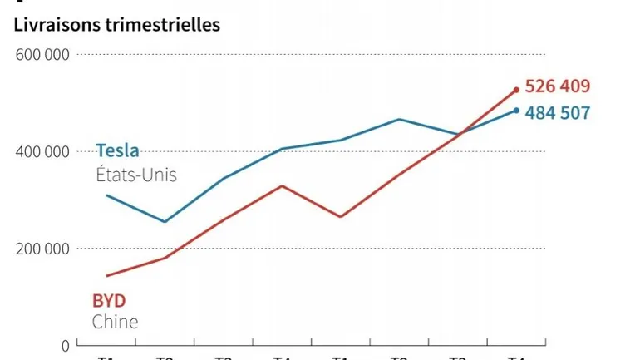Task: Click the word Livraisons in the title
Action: (52, 25)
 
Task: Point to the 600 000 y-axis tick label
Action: (42, 55)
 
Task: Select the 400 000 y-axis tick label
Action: (42, 152)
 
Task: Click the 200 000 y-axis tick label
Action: (42, 249)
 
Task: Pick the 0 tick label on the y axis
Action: (66, 344)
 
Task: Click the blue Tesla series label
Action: (117, 150)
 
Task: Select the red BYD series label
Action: (107, 300)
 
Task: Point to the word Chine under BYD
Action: (115, 322)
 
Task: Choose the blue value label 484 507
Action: (558, 112)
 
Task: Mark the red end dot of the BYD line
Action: (516, 90)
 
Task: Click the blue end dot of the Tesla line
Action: (516, 111)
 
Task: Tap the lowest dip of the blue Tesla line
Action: (165, 222)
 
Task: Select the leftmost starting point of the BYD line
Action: (106, 276)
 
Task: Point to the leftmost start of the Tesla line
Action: (106, 195)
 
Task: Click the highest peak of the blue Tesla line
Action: (400, 119)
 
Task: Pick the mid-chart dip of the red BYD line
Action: (341, 217)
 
